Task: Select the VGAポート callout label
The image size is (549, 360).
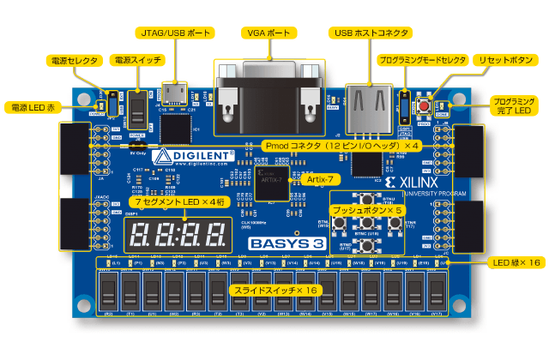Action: tap(267, 32)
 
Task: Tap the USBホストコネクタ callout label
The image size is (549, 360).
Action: tap(370, 32)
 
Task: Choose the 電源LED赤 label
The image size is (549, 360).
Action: tap(33, 108)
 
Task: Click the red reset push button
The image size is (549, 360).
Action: tap(424, 105)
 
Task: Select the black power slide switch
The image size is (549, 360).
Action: tap(136, 109)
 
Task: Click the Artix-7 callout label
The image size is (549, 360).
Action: tap(316, 178)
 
